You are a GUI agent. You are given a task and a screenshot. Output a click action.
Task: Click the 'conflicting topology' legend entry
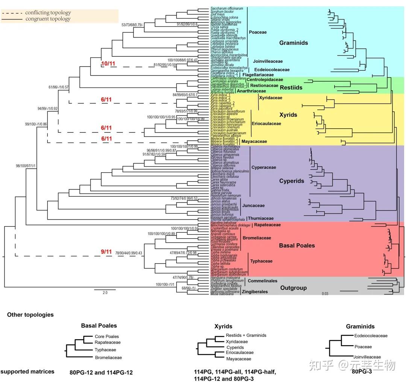coord(48,13)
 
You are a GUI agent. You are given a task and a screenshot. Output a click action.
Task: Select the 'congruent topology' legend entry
coord(48,19)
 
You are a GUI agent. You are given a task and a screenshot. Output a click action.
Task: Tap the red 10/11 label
coord(108,64)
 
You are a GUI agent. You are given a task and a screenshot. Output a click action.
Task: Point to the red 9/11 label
coord(106,252)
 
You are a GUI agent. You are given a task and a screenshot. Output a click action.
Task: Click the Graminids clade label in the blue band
coord(293,43)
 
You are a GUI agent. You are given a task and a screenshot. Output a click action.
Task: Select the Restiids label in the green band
coord(291,87)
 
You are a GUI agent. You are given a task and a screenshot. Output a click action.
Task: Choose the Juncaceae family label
coord(253,206)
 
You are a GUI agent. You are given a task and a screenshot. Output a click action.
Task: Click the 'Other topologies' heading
coord(30,315)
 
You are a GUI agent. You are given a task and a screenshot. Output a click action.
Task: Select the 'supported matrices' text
coord(27,371)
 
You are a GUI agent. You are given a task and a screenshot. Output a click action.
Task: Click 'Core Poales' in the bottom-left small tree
coord(107,337)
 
